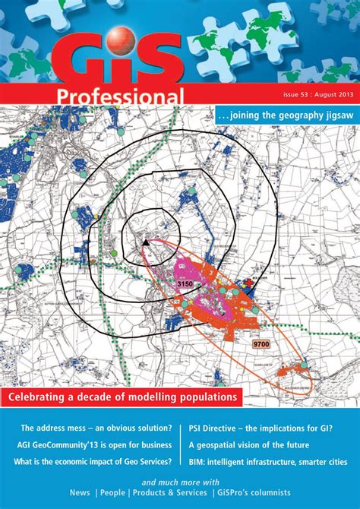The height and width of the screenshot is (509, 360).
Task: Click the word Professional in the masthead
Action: coord(119,96)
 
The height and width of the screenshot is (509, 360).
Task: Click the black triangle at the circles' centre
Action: coord(144,242)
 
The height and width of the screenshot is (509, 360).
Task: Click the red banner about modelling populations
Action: coord(122,397)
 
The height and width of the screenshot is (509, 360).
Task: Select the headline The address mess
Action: coord(96,428)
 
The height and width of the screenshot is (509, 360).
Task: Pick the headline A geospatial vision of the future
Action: coord(248,444)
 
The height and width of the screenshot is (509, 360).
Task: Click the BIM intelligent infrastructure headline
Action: coord(267,461)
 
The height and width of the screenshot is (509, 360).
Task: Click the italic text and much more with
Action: coord(180,482)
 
